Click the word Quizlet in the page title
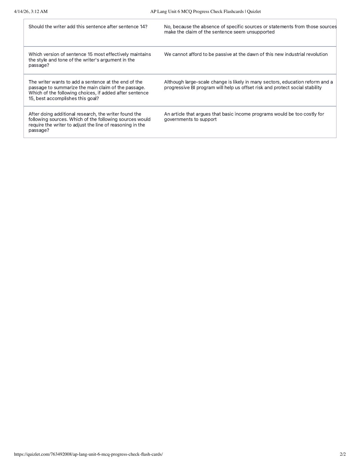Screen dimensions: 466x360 [x=254, y=11]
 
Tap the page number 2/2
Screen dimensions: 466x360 [x=343, y=454]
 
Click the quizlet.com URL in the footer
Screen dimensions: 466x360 [x=88, y=454]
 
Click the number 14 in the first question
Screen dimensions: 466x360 [x=142, y=27]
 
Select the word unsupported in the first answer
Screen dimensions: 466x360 [x=260, y=32]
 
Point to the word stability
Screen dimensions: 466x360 [x=312, y=88]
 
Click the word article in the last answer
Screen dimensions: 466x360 [x=178, y=114]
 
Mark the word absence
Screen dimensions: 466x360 [x=210, y=27]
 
